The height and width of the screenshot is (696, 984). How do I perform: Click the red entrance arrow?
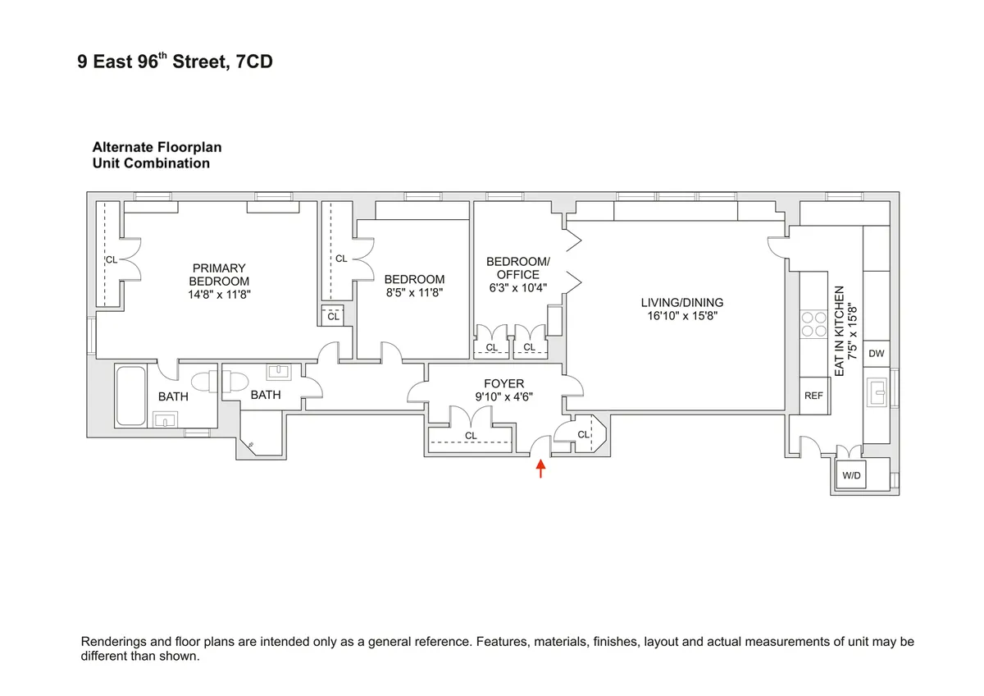pos(540,469)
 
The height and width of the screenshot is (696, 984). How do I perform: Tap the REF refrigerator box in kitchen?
pos(813,396)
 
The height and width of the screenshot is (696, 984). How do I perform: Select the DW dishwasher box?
pos(877,354)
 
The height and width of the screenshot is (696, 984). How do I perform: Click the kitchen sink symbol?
pos(878,393)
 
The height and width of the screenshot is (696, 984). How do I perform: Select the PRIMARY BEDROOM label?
pos(219,274)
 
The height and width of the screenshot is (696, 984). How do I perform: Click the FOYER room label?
pos(503,383)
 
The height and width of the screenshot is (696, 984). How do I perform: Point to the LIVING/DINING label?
pos(681,303)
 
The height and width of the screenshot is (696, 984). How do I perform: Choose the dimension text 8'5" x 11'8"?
pos(414,292)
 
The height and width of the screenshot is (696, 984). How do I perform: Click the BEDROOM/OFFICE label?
pos(518,268)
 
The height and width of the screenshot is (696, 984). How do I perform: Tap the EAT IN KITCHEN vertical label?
pos(839,332)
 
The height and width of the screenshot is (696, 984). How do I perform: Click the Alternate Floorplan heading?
pos(157,148)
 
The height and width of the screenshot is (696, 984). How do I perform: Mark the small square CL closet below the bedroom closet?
pos(333,316)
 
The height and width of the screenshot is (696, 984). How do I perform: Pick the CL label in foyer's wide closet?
pos(471,436)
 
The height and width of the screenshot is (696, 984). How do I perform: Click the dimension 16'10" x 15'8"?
pos(681,315)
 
